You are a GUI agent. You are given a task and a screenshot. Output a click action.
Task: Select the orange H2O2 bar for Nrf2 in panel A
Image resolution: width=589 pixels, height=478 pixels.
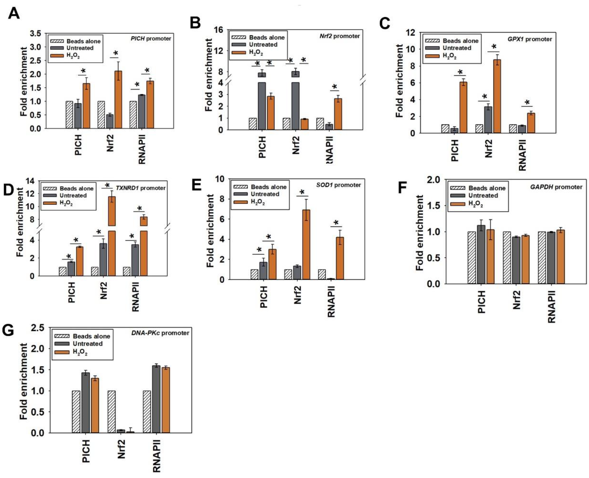point(118,100)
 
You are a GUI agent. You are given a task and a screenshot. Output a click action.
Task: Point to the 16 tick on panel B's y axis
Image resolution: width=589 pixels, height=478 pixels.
point(219,30)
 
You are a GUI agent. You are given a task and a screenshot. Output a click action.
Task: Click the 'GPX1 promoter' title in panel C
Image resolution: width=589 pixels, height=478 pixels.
point(530,39)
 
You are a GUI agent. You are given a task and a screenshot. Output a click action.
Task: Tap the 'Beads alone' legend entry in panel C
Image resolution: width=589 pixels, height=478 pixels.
point(460,41)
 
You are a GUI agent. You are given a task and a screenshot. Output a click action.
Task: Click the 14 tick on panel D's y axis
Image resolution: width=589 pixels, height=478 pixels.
point(30,181)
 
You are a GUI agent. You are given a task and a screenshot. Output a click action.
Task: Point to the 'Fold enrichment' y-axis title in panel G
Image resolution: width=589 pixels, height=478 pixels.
point(24,381)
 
